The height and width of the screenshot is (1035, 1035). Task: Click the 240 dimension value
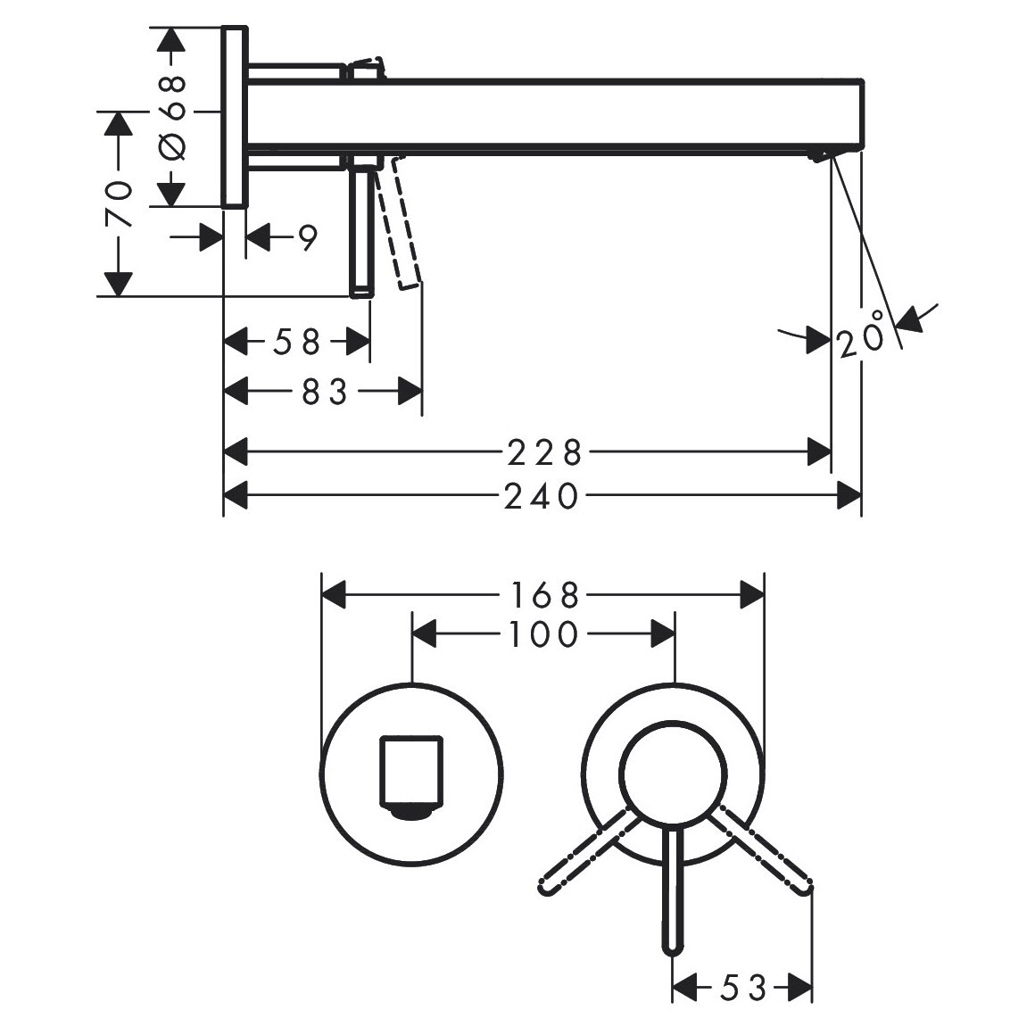(x=542, y=496)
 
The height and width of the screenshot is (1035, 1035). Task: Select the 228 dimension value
(x=544, y=453)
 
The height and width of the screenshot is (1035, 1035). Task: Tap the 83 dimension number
(x=324, y=393)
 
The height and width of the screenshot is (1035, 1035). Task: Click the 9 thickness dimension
(x=306, y=237)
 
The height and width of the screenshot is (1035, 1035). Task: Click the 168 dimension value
(x=543, y=596)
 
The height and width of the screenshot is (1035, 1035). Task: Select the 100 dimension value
(x=543, y=635)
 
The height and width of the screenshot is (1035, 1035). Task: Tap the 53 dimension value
(x=743, y=988)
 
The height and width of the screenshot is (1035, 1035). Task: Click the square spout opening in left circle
(x=410, y=773)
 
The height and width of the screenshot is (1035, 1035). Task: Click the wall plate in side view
(x=235, y=117)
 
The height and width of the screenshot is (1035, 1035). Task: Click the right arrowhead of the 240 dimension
(x=849, y=495)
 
